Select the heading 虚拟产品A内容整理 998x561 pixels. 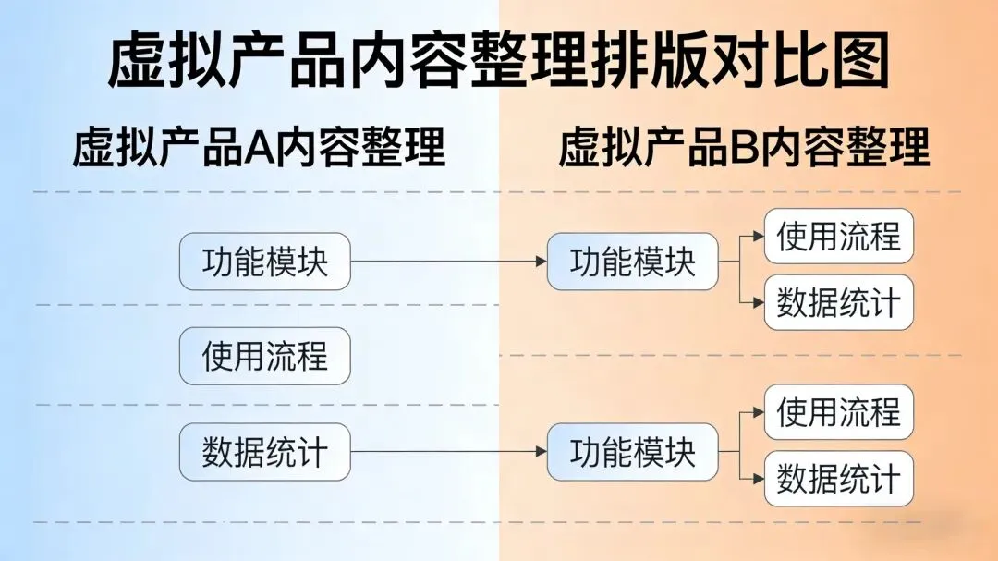click(x=259, y=148)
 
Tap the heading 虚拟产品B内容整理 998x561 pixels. click(x=744, y=148)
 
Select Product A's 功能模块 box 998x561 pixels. click(x=264, y=262)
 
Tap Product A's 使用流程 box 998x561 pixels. click(x=264, y=356)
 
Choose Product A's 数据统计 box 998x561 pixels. click(x=264, y=452)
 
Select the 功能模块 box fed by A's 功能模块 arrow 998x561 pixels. click(x=632, y=262)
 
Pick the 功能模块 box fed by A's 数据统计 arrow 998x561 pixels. click(x=632, y=452)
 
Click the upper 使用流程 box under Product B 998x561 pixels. click(x=838, y=237)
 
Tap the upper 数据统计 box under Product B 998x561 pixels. click(x=838, y=302)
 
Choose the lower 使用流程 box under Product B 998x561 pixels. click(x=838, y=411)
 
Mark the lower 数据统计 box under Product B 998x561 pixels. click(x=838, y=479)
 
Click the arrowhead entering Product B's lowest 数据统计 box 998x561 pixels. click(x=759, y=479)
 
